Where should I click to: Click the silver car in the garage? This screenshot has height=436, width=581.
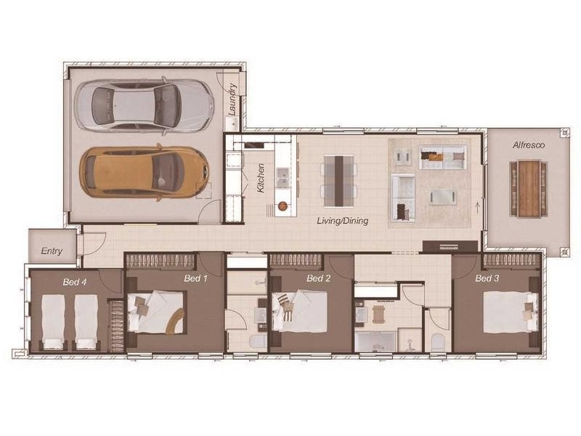pos(146,105)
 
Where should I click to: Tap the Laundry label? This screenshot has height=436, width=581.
pos(232,100)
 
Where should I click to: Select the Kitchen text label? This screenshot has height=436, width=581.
pos(261,178)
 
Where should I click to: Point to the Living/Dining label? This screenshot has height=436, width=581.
pos(342,220)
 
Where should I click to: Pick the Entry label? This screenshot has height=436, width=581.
pos(52,251)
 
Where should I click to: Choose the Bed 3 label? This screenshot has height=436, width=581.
pos(487,278)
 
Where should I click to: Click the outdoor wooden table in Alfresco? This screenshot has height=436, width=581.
pos(529,187)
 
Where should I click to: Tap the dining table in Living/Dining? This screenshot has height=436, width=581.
pos(338,180)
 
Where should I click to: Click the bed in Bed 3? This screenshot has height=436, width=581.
pos(508,311)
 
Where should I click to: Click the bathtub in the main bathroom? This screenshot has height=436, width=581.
pos(375,342)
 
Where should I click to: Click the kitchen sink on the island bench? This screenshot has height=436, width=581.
pos(282,177)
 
